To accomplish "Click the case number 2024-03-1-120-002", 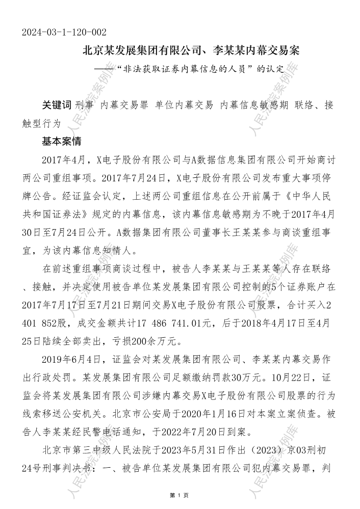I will (64, 33).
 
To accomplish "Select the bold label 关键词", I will (56, 105).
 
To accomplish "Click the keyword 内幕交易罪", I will (124, 105).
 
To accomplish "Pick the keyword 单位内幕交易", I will (184, 105).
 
